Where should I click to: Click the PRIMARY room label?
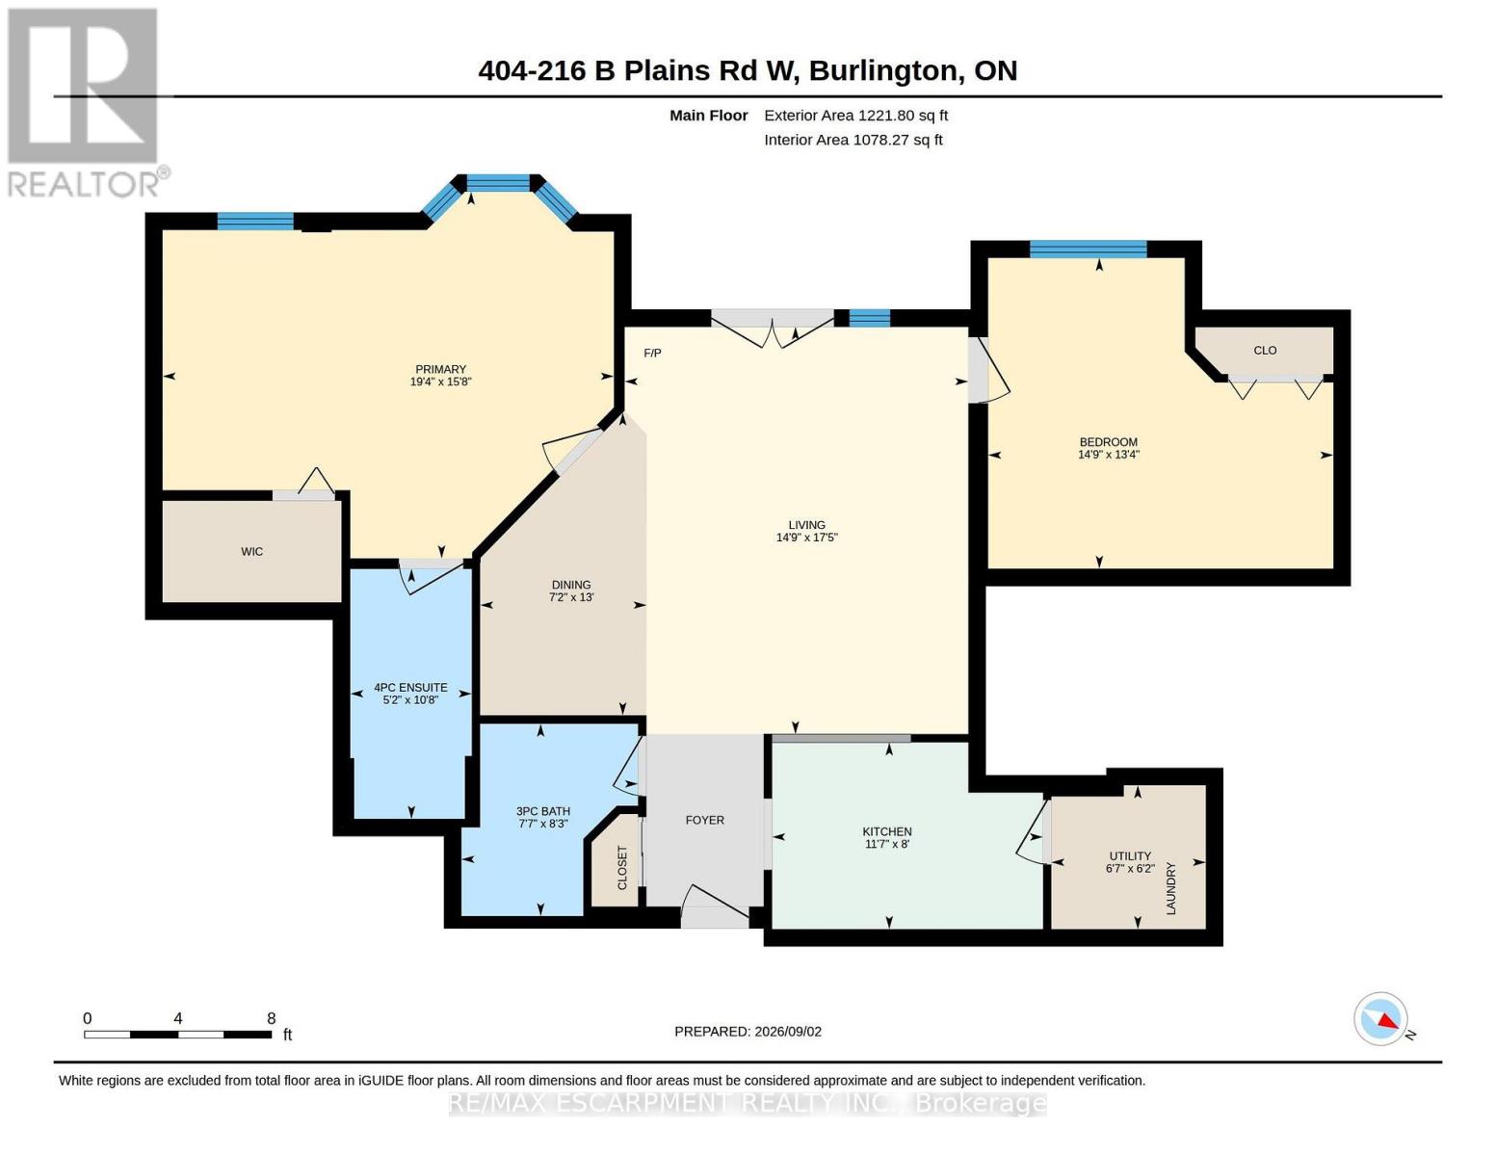[440, 369]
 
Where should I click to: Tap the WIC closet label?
[252, 551]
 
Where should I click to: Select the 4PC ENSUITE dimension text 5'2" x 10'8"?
[410, 699]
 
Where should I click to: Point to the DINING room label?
[570, 585]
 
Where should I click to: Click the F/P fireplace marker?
[652, 354]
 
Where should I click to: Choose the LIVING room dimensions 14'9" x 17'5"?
[806, 537]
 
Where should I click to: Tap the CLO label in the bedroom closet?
[1265, 351]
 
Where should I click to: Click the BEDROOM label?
[1109, 442]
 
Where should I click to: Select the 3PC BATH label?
[543, 811]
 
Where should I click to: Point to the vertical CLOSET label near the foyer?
[622, 868]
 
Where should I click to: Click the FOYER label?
[704, 820]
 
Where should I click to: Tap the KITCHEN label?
[887, 831]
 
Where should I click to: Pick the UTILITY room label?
[1130, 856]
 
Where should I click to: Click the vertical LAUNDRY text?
[1171, 888]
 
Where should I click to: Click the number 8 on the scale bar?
[272, 1018]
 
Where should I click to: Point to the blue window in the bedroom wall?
[1089, 249]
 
